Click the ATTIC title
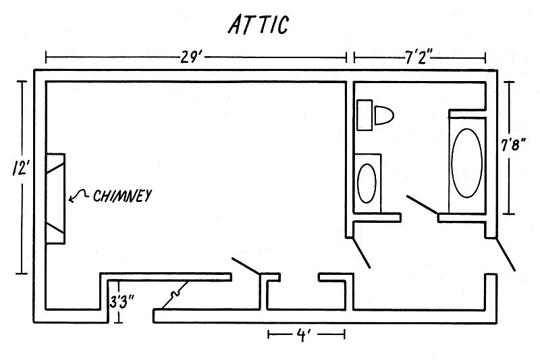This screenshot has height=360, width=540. click(259, 24)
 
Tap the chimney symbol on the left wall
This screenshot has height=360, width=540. click(55, 199)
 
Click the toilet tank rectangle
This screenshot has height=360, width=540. click(364, 115)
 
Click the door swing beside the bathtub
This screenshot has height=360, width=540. click(422, 204)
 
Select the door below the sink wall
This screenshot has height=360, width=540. click(359, 252)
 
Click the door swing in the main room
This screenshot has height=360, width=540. click(246, 265)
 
